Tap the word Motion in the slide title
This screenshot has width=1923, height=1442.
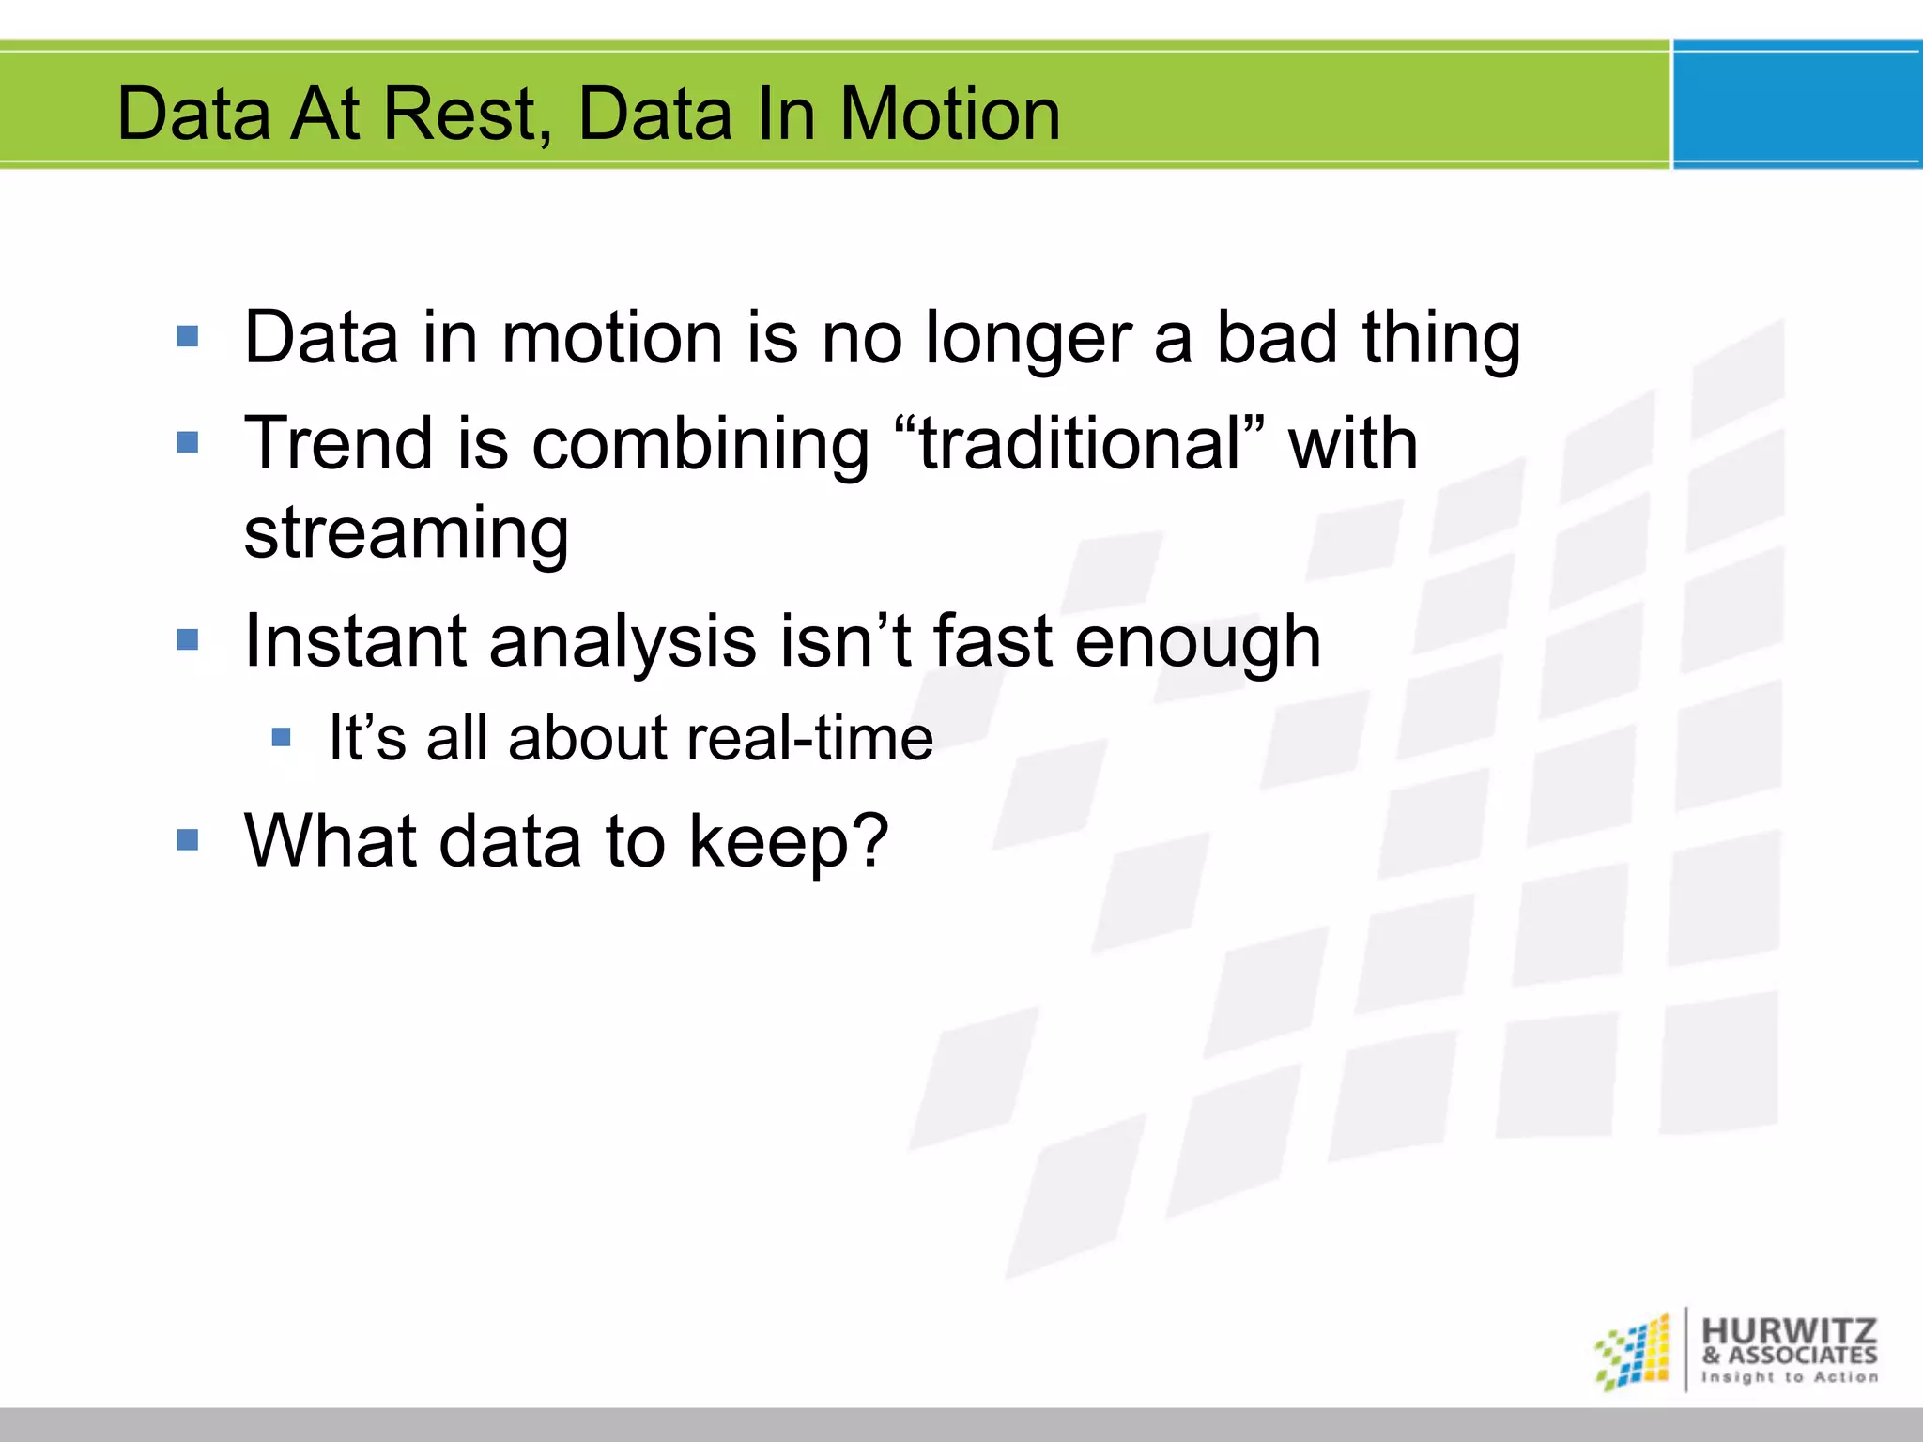click(949, 115)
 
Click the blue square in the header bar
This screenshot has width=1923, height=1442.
click(1797, 105)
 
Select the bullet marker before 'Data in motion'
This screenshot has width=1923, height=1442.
click(188, 336)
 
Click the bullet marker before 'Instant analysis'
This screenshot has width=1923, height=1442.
click(188, 640)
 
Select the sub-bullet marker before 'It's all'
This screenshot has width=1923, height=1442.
click(282, 737)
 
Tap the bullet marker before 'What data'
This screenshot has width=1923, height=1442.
click(188, 839)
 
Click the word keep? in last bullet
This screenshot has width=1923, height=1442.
click(788, 842)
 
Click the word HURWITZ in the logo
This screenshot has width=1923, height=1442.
click(1788, 1330)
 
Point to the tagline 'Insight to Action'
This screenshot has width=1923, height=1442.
click(1790, 1377)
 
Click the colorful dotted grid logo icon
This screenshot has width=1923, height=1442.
click(1634, 1352)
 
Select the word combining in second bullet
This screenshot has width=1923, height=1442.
click(700, 445)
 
